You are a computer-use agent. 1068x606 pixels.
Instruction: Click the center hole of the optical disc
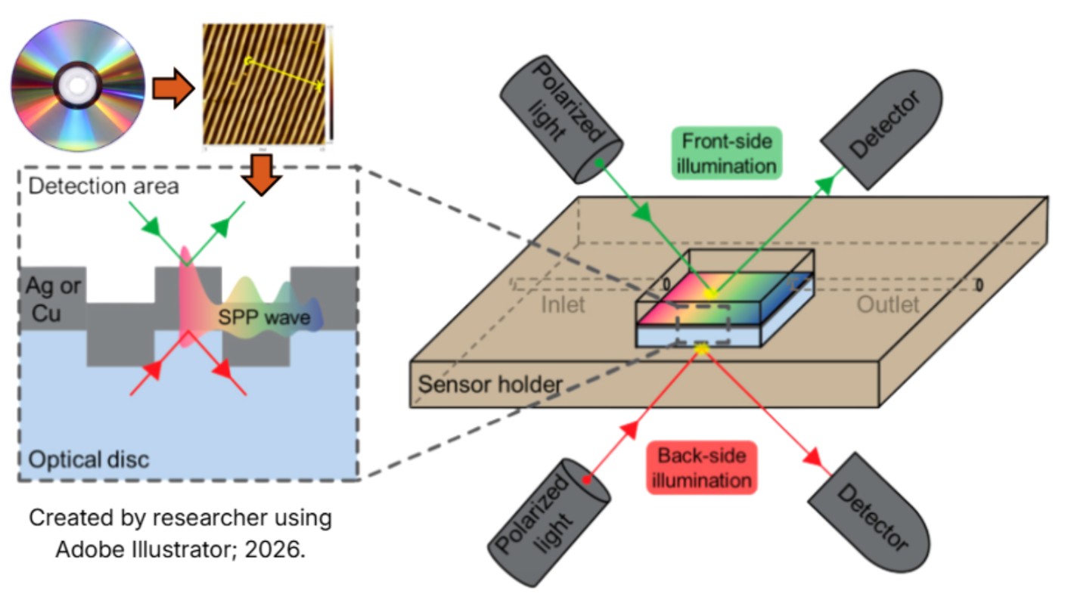tap(77, 85)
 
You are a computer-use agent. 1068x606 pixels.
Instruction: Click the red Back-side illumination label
tap(701, 467)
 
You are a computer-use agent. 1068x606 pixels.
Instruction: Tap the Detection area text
tap(104, 186)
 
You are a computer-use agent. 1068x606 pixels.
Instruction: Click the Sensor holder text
tap(490, 384)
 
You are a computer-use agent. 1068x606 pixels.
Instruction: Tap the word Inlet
tap(563, 305)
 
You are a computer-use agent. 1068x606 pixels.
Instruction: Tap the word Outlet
tap(887, 305)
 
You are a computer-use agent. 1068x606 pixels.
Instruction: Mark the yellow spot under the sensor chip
tap(702, 347)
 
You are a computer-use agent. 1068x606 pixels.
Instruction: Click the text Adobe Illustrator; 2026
tap(180, 549)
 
